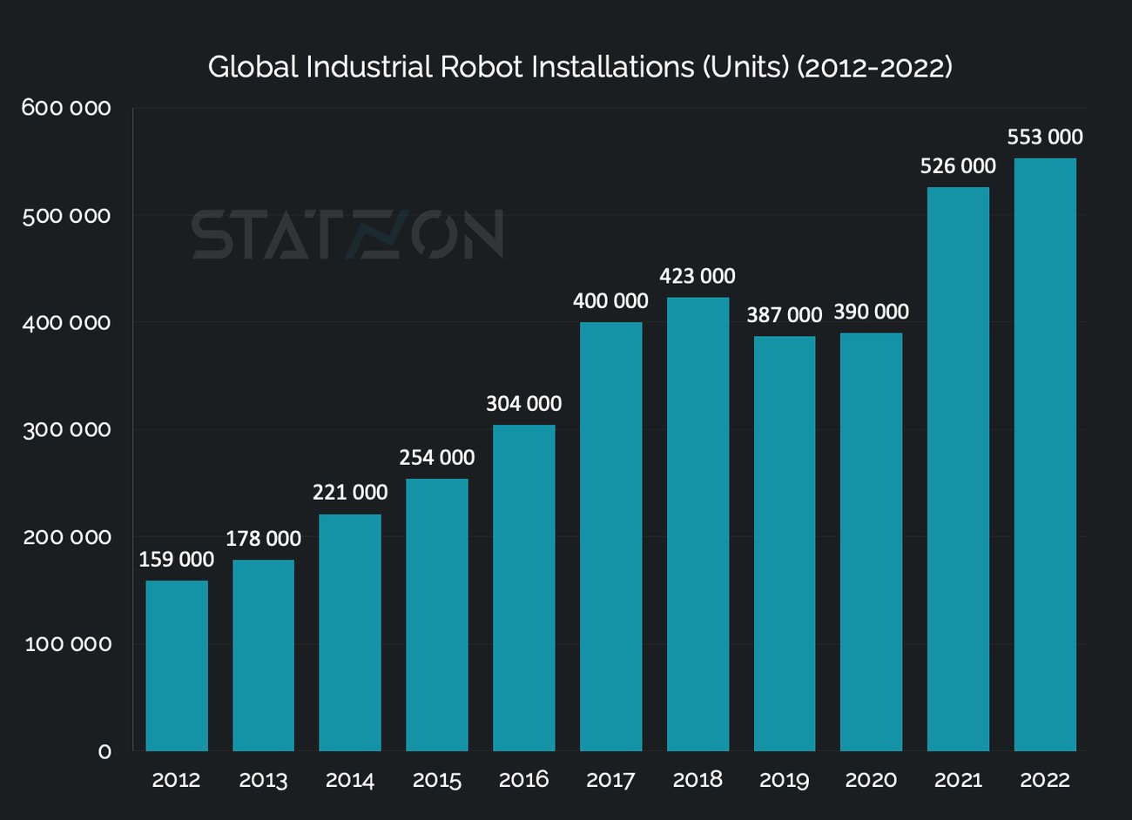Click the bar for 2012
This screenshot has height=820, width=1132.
(x=177, y=665)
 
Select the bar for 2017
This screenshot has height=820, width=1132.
(x=610, y=536)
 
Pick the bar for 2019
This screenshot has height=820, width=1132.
(x=785, y=543)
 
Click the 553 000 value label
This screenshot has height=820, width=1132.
(x=1045, y=138)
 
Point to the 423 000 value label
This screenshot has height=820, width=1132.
(x=697, y=277)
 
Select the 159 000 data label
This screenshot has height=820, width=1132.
(x=177, y=560)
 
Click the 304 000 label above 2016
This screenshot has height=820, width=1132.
(x=523, y=404)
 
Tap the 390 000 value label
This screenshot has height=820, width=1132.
(x=871, y=313)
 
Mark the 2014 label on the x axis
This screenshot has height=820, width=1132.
(x=350, y=780)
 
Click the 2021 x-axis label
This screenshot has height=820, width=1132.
(x=958, y=780)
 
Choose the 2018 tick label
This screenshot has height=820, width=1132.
(x=697, y=780)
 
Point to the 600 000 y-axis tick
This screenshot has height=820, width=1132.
(x=67, y=108)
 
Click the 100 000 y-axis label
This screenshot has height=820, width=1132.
(x=69, y=644)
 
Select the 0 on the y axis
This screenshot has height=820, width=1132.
(x=104, y=751)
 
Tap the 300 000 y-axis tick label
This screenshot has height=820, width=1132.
(x=67, y=430)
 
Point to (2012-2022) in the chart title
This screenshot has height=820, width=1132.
(x=874, y=67)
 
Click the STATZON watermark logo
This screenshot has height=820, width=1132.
(x=347, y=234)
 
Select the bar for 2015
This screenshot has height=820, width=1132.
(x=437, y=615)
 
